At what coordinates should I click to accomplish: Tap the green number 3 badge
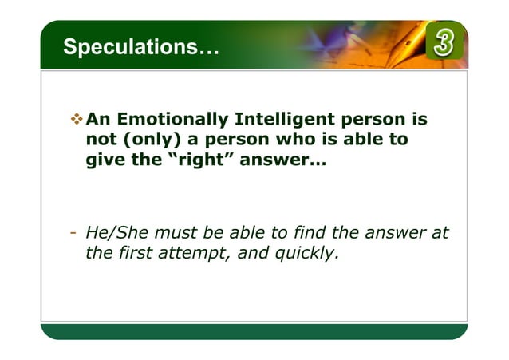point(444,43)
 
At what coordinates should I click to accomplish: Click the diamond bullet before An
point(76,120)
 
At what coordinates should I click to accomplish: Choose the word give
point(103,160)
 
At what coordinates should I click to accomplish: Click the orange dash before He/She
point(72,234)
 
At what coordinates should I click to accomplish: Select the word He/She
point(112,234)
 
